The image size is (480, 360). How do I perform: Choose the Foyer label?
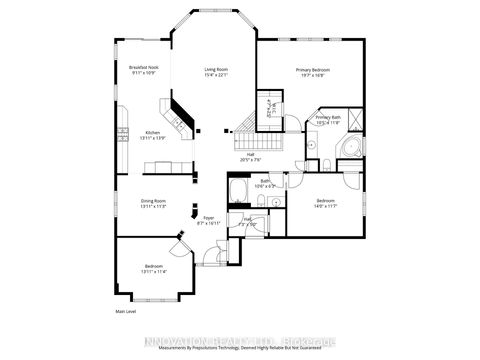point(208,219)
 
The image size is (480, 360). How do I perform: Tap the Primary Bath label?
point(329,121)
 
